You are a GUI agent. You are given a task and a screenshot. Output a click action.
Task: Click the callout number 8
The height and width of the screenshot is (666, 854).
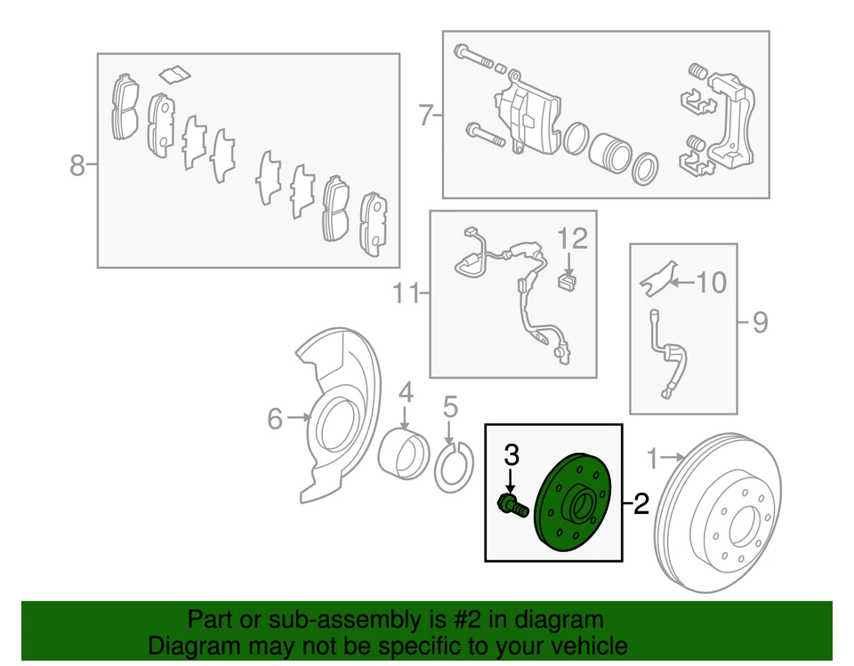click(77, 164)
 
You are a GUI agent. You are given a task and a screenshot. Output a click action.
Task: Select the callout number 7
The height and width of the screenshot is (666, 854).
click(425, 116)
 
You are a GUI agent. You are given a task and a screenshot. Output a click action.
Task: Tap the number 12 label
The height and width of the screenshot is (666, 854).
click(573, 238)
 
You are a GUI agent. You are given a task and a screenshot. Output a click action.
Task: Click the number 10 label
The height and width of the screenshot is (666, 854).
click(710, 283)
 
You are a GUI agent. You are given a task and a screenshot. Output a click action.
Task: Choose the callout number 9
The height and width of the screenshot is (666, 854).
click(759, 321)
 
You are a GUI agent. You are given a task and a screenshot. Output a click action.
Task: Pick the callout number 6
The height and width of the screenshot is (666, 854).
click(275, 417)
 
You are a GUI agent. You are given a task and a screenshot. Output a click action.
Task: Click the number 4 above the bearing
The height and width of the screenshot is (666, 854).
click(405, 392)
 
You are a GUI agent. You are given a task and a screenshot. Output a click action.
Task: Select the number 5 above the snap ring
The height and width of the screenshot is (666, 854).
click(449, 408)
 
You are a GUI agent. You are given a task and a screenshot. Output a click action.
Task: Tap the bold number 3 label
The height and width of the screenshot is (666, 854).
click(511, 456)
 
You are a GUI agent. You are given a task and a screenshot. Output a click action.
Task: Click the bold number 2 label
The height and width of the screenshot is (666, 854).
click(640, 505)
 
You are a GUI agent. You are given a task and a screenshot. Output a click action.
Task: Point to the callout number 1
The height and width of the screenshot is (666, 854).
click(654, 459)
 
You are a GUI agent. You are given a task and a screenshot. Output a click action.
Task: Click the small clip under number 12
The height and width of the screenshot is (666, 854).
click(566, 281)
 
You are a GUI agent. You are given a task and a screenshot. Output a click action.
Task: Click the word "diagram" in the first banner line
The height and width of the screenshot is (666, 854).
click(557, 620)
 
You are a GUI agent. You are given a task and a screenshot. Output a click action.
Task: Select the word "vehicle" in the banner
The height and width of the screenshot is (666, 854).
click(581, 646)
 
